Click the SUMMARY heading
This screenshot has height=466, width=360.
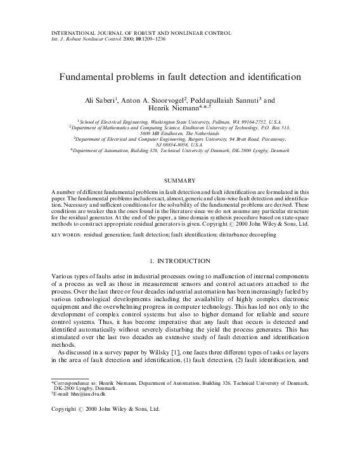tap(179, 181)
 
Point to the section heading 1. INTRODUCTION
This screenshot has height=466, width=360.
tap(179, 261)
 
